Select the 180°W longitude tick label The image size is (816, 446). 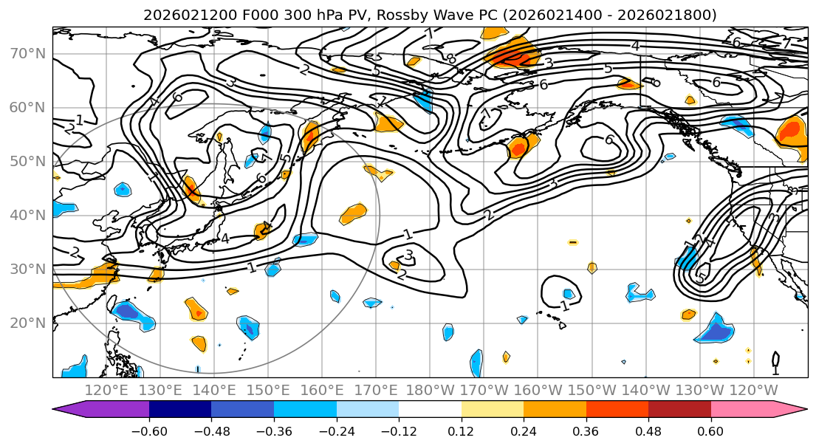coord(431,390)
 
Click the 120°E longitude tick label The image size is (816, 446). coord(106,390)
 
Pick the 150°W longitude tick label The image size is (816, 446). coord(592,390)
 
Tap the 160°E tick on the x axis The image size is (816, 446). coord(322,390)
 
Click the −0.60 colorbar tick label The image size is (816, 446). coord(149,430)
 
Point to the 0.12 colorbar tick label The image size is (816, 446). coord(462,430)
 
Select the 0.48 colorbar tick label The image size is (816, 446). coord(648,430)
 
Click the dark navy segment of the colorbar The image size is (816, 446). coord(180,410)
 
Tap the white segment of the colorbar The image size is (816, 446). coord(430,410)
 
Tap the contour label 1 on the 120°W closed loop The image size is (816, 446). coord(775,369)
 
